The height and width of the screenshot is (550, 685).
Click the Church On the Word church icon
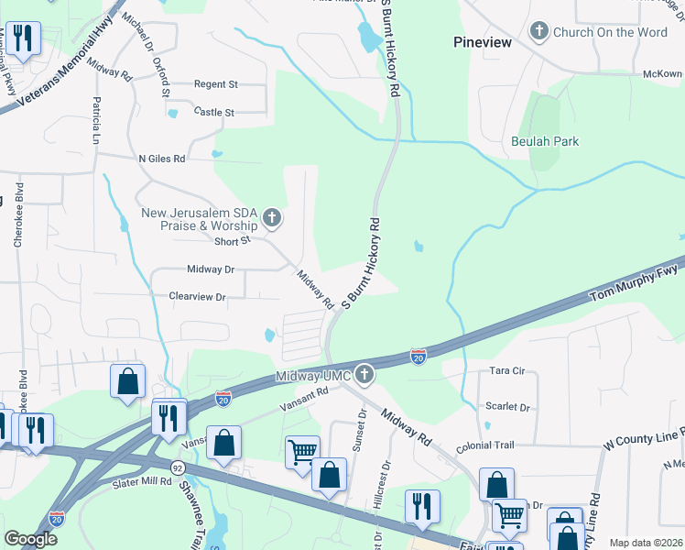(x=538, y=32)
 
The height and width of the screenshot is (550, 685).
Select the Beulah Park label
(x=545, y=142)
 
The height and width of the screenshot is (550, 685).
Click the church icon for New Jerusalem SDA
(x=271, y=218)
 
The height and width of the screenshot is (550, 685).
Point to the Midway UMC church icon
(x=364, y=374)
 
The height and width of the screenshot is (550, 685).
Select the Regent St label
(x=215, y=84)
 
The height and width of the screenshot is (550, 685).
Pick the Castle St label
(x=214, y=112)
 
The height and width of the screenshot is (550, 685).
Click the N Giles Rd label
(x=161, y=159)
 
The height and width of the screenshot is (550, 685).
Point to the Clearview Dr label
(x=197, y=297)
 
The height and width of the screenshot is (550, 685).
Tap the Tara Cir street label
(x=506, y=371)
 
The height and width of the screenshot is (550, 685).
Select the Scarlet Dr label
(x=510, y=407)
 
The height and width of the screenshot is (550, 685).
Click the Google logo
(x=30, y=538)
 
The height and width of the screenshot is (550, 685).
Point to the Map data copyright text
(x=646, y=543)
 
